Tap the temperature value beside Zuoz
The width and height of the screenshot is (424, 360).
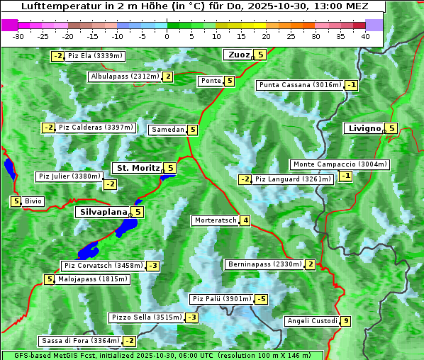point(260,55)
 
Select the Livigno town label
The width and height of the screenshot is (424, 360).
point(364,128)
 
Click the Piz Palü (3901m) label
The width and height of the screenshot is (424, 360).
point(221,299)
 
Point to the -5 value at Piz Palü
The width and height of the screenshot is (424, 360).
point(261,299)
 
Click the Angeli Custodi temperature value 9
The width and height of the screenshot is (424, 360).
point(345,321)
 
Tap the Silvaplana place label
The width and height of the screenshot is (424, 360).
point(103,211)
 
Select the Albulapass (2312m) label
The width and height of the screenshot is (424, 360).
point(124,77)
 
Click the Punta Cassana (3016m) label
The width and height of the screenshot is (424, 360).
point(300,85)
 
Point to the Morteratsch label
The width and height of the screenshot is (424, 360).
point(215,220)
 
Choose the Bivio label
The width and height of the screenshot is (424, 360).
point(33,201)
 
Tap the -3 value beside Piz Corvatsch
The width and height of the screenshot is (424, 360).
point(152,266)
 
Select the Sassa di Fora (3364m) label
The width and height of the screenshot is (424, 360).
point(79,341)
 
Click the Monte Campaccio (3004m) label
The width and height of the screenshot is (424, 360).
point(340,164)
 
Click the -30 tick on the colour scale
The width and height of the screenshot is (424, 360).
point(18,35)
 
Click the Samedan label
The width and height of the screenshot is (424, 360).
point(167,130)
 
